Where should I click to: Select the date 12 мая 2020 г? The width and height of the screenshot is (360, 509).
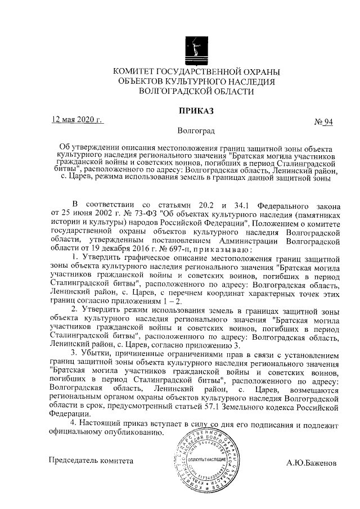(x=78, y=120)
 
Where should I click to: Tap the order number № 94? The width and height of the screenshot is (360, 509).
(x=323, y=123)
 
